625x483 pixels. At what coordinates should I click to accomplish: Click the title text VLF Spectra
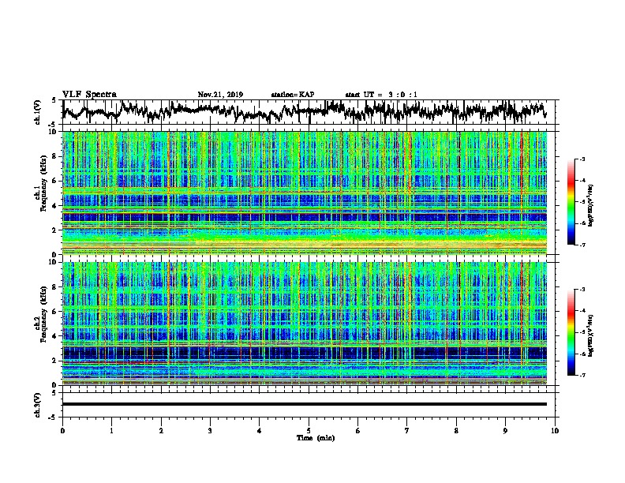coord(89,94)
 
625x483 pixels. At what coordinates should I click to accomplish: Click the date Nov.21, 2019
coord(220,95)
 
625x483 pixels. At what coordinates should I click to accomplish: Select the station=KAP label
coord(292,95)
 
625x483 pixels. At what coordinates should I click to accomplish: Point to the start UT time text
coord(381,95)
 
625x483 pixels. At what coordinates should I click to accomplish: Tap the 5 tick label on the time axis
coord(309,430)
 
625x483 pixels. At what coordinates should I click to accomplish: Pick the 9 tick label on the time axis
coord(506,430)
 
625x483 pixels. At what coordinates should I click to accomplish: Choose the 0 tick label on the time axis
coord(62,430)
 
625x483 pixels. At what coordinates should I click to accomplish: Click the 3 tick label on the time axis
coord(210,430)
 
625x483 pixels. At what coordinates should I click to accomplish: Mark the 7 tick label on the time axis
coord(407,430)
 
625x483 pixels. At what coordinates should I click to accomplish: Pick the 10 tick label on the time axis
coord(555,430)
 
